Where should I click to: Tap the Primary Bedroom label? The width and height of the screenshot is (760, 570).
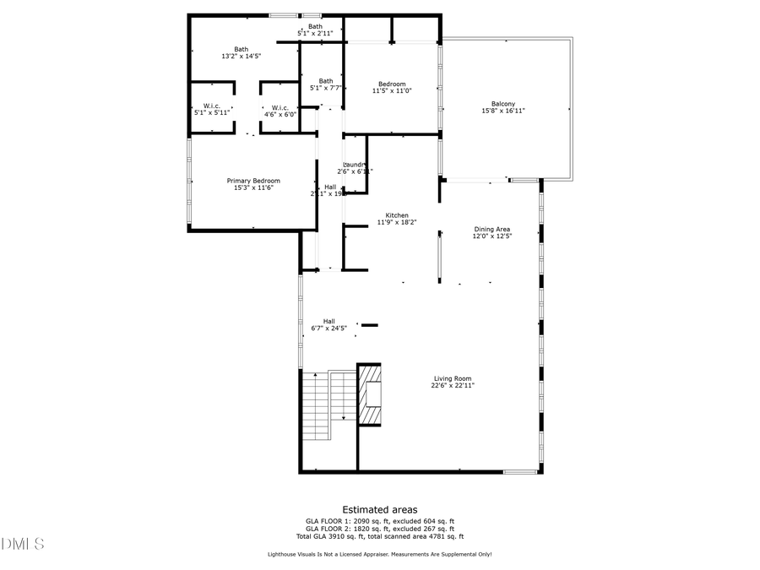(x=253, y=181)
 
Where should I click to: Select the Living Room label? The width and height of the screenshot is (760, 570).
(x=453, y=378)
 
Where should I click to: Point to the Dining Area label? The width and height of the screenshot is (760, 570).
(x=491, y=229)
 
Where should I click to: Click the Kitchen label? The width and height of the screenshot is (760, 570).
(x=397, y=215)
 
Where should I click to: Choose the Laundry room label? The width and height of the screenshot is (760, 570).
(x=355, y=165)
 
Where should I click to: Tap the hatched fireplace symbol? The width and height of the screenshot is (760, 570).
(x=370, y=394)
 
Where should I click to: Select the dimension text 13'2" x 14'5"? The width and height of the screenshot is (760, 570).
(x=242, y=56)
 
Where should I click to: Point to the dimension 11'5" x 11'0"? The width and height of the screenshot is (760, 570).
(x=392, y=90)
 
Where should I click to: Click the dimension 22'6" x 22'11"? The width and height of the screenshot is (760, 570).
(x=453, y=385)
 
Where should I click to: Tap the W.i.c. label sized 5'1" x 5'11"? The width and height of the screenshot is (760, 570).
(x=212, y=106)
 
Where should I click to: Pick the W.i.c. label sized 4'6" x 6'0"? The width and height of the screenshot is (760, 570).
(x=281, y=107)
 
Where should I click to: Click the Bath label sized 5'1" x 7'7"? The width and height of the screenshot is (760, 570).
(x=326, y=81)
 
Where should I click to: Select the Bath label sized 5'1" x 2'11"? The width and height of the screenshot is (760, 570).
(x=315, y=26)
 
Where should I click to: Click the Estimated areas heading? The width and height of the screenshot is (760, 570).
(x=379, y=509)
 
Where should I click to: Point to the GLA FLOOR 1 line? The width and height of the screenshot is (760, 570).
(x=380, y=521)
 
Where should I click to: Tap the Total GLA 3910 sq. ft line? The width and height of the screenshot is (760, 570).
(x=380, y=536)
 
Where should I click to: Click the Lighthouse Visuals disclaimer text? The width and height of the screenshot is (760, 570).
(x=379, y=555)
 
